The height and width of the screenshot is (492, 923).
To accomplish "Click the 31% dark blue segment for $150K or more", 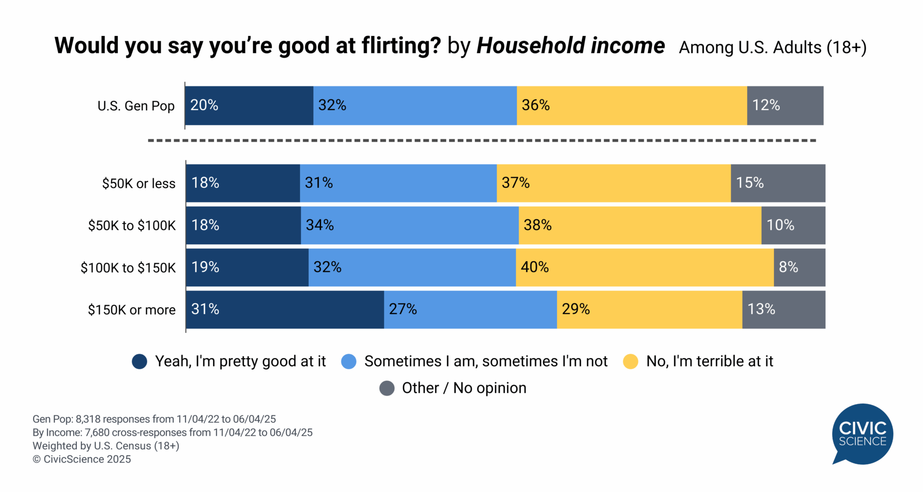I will [285, 309].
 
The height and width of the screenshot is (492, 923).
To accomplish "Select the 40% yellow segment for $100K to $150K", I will [644, 267].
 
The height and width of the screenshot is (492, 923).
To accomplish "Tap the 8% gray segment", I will [799, 267].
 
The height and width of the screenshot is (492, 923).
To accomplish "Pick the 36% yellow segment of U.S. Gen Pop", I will [631, 106].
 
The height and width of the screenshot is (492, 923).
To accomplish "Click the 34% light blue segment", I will [410, 225].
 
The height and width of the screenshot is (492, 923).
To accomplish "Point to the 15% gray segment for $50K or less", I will [777, 183].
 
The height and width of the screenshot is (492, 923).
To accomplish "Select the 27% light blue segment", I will [470, 309].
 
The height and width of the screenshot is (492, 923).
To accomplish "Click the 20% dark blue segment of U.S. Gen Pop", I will [249, 106].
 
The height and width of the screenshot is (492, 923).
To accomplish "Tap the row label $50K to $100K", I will [132, 225].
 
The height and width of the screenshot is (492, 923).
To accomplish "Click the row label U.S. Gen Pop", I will [136, 106].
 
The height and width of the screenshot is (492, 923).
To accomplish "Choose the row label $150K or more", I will [132, 310].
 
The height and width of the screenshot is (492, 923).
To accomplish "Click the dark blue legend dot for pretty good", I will [139, 361].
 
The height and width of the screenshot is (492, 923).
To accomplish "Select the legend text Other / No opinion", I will [464, 388].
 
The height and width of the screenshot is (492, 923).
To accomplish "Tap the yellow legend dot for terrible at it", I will [630, 361].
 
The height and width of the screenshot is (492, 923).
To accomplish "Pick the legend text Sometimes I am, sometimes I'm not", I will [486, 361].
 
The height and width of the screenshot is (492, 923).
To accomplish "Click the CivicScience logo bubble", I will [862, 433].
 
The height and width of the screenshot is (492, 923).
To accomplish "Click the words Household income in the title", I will [570, 46].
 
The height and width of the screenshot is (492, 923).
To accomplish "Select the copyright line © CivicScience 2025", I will [82, 459].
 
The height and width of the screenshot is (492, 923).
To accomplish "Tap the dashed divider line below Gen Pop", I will [481, 141].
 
